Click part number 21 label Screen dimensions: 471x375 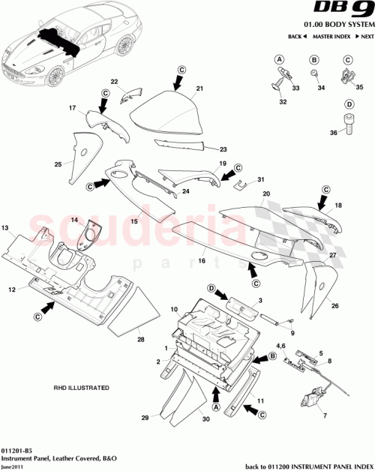pyautogui.click(x=199, y=88)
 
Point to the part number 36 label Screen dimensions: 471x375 pyautogui.click(x=334, y=133)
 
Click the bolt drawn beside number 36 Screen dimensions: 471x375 pyautogui.click(x=349, y=125)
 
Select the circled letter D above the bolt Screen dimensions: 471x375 pyautogui.click(x=349, y=104)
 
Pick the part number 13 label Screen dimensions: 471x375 pyautogui.click(x=4, y=226)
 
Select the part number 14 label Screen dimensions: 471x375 pyautogui.click(x=74, y=219)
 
